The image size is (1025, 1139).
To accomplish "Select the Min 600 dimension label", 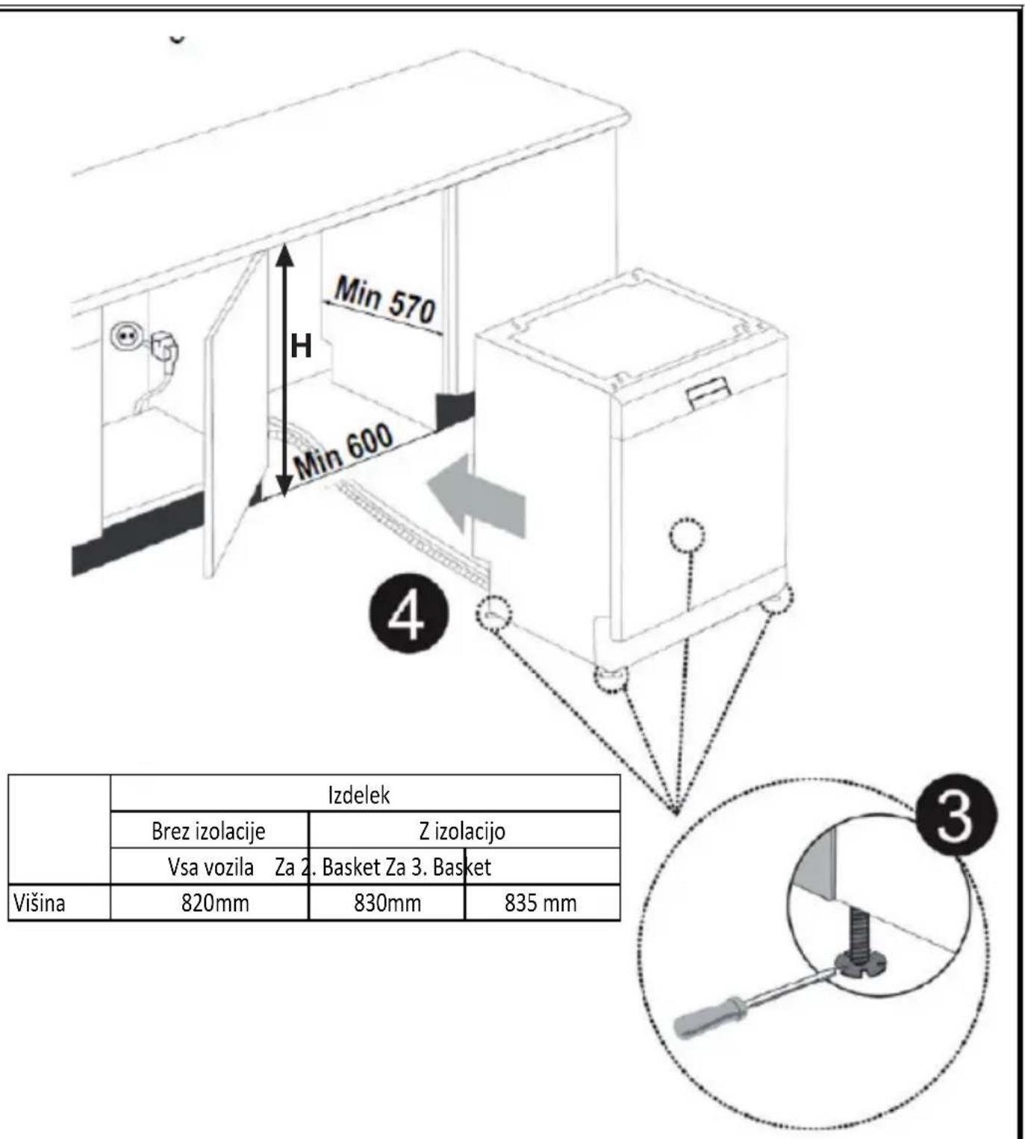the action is pyautogui.click(x=343, y=452).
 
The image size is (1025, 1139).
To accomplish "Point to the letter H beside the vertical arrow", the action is pyautogui.click(x=301, y=346).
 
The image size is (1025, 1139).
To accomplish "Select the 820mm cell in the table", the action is pyautogui.click(x=215, y=903).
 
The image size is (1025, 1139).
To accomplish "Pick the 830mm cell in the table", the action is pyautogui.click(x=387, y=903).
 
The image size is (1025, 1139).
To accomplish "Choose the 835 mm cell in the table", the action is pyautogui.click(x=540, y=903).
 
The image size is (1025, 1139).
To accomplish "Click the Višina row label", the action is pyautogui.click(x=40, y=903).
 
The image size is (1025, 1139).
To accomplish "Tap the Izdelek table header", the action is pyautogui.click(x=359, y=796).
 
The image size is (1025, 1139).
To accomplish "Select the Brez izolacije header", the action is pyautogui.click(x=208, y=831).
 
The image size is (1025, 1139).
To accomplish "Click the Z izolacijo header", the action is pyautogui.click(x=462, y=831).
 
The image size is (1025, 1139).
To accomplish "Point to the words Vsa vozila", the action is pyautogui.click(x=211, y=867).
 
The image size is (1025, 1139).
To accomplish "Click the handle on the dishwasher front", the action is pyautogui.click(x=708, y=391).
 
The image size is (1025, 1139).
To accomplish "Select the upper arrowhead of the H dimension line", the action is pyautogui.click(x=285, y=255).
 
